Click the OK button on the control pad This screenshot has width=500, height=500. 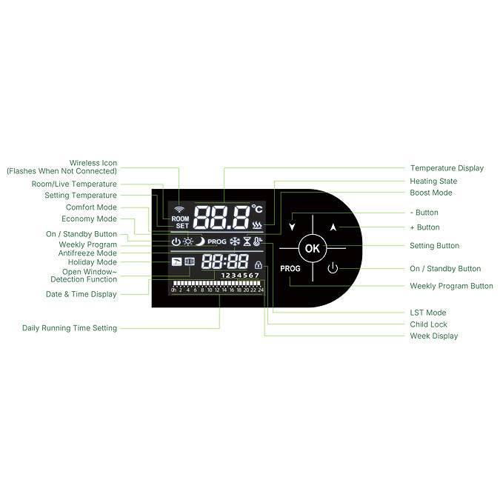coord(312,248)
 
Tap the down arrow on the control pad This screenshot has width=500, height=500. coord(293,227)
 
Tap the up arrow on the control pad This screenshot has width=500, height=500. coord(333,227)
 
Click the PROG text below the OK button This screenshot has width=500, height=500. coord(290,269)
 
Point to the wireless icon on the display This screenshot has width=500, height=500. coord(180,210)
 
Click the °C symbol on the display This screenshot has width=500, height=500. coord(256,210)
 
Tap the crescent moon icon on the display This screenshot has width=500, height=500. coord(200,241)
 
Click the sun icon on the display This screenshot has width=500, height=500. coord(188,241)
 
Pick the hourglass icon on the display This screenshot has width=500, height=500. coord(247,241)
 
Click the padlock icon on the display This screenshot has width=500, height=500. coord(258,264)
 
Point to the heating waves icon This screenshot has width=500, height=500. coord(257,224)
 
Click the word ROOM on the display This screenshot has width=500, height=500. coord(180,219)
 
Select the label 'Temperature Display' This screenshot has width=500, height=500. coord(447,168)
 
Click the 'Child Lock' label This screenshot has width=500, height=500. coord(428,324)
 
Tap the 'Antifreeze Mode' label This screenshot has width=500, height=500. coord(87,253)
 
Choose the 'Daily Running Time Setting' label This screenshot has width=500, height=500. coord(70,328)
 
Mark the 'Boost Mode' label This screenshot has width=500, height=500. coord(430,193)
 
